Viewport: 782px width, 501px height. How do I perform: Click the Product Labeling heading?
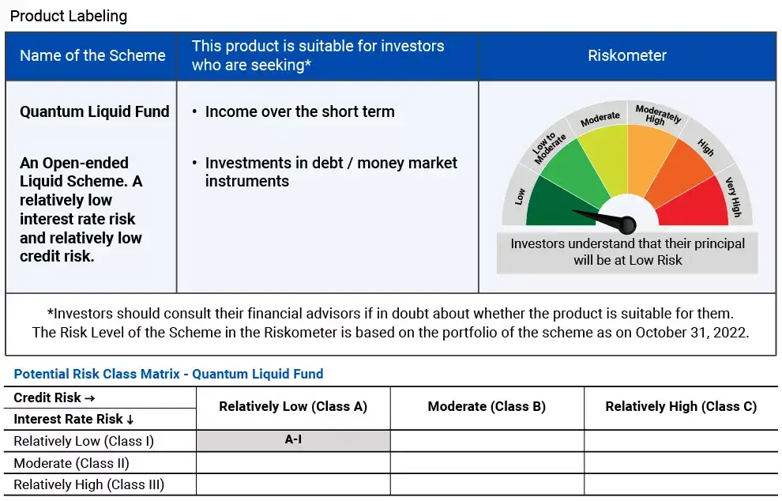68,16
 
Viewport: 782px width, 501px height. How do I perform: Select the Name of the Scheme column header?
92,55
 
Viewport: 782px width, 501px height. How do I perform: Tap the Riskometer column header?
627,55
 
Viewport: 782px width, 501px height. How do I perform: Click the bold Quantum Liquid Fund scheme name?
95,111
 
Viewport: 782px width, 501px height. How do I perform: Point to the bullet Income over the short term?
299,111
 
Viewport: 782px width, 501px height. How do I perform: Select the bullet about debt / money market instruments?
330,171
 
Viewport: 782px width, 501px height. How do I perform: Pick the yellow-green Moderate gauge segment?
602,150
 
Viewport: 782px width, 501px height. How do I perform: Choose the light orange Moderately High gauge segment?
652,150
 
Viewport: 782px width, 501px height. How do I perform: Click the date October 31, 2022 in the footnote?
691,332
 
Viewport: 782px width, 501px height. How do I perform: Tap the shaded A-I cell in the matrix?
293,440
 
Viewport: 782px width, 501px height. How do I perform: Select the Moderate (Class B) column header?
487,406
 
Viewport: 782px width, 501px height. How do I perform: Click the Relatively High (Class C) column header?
681,406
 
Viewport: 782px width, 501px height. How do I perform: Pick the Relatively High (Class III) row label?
89,484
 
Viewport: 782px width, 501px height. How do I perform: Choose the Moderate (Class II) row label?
72,463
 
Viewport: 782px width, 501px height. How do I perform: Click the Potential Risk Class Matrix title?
169,374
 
